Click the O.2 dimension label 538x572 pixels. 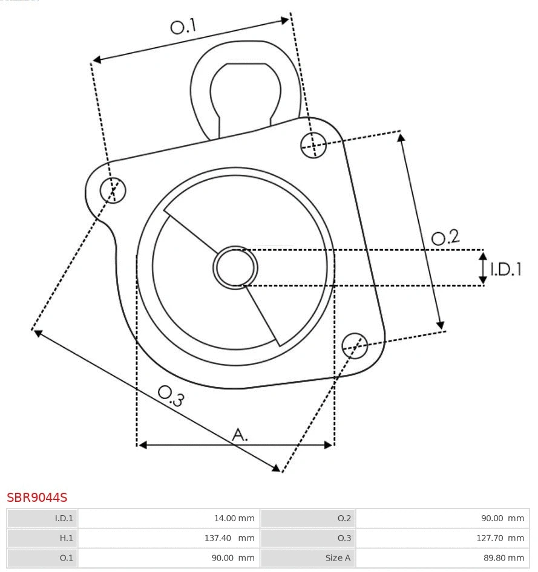[445, 237]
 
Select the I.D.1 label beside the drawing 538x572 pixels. [505, 269]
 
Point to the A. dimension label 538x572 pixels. [240, 434]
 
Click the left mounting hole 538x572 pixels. [113, 190]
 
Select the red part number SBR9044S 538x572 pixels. [37, 498]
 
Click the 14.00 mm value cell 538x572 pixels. [169, 518]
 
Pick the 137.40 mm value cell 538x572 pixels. [169, 538]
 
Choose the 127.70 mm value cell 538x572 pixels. [442, 538]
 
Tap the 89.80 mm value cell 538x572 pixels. [442, 557]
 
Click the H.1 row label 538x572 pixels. [42, 538]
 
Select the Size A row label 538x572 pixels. [309, 557]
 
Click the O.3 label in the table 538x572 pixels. [309, 538]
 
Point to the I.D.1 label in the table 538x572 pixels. [42, 518]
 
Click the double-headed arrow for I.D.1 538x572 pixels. [483, 268]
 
